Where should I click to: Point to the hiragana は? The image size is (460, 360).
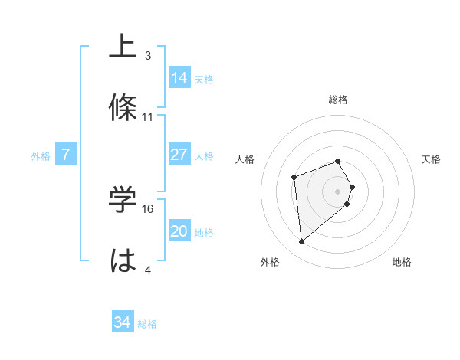122,261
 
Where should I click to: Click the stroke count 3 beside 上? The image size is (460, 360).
148,56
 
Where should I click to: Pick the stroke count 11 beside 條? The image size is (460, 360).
148,117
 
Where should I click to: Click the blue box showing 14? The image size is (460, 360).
179,78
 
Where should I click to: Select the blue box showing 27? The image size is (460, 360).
179,155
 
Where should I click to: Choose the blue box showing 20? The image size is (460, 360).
179,231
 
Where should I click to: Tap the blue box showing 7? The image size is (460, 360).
66,155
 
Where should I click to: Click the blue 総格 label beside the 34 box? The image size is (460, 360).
147,324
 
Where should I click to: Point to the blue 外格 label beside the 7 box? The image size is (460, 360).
41,156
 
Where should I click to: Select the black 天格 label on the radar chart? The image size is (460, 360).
431,159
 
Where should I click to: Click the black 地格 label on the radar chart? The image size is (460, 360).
402,262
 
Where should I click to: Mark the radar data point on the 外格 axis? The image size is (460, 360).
302,242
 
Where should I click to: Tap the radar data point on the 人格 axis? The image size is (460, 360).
294,178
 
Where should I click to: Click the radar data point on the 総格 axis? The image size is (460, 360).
338,161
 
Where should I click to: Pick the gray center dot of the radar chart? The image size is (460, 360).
338,191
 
